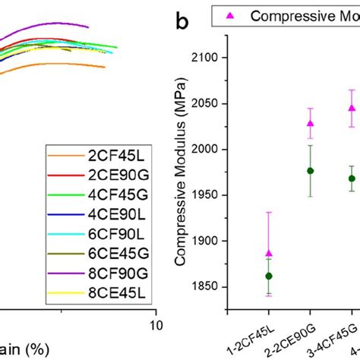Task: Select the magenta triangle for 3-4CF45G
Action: (351, 108)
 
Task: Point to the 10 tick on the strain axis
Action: (156, 325)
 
